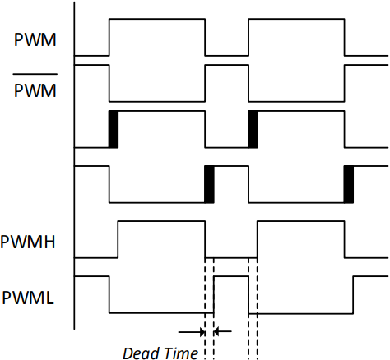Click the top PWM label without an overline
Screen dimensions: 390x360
[35, 40]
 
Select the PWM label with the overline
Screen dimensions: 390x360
[35, 90]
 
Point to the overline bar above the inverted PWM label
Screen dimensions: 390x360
[35, 74]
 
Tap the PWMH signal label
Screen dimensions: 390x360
[28, 242]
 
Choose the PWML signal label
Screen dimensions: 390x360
[28, 298]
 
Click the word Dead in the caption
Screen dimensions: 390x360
[140, 353]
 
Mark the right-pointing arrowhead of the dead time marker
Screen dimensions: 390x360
[202, 332]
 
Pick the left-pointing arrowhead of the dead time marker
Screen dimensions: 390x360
[216, 332]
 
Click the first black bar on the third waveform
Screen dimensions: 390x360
[114, 129]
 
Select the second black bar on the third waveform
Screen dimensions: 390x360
[253, 129]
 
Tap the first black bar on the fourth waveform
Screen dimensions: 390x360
[209, 184]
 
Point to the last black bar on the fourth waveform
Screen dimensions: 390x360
[349, 184]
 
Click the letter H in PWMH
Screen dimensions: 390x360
[49, 242]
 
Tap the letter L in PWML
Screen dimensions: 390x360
[49, 298]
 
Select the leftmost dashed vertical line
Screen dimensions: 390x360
[205, 309]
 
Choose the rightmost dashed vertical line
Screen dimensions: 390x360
[258, 309]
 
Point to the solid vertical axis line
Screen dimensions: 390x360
[74, 165]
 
